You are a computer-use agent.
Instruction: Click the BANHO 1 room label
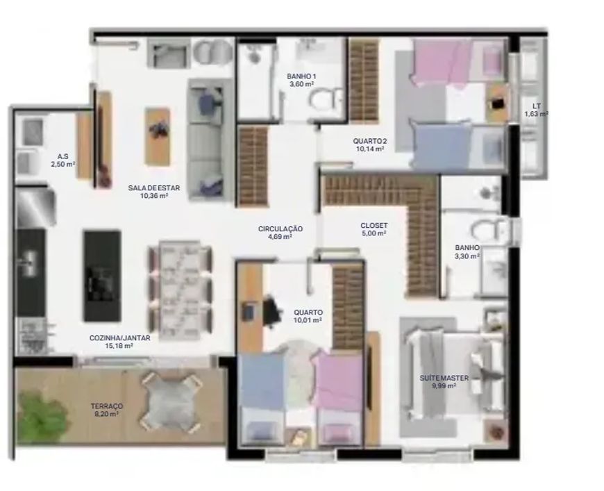tap(301, 76)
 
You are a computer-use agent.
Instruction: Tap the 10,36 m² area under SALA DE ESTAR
tap(154, 196)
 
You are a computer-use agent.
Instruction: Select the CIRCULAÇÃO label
tap(280, 229)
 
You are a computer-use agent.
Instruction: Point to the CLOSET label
tap(374, 226)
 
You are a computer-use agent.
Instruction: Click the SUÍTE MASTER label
tap(444, 378)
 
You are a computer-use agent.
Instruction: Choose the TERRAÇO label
tap(107, 406)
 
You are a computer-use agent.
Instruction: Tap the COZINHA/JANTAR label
tap(120, 338)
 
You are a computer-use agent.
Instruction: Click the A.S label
tap(62, 156)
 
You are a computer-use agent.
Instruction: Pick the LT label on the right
tap(536, 106)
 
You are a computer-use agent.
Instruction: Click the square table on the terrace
tap(170, 401)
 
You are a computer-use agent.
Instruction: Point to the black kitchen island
tap(103, 276)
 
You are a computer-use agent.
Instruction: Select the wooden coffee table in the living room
tap(157, 136)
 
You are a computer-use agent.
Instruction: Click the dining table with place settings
tap(180, 290)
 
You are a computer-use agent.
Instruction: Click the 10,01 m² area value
tap(308, 320)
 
